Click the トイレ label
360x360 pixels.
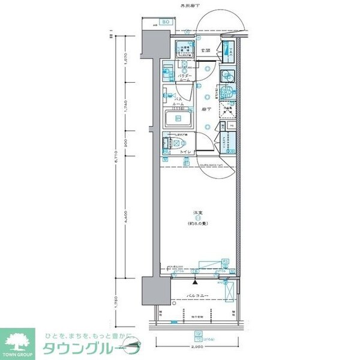click(186, 153)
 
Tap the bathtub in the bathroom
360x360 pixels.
click(178, 119)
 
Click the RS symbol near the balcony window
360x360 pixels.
click(225, 262)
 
